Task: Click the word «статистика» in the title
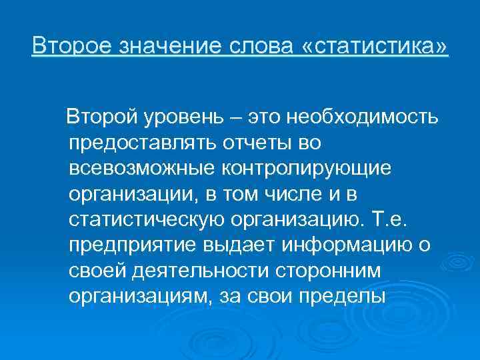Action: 376,47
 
